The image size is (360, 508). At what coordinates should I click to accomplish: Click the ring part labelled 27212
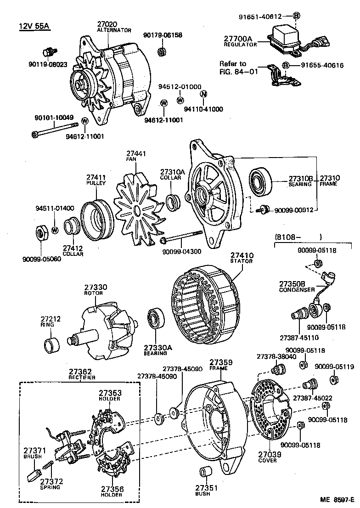51,344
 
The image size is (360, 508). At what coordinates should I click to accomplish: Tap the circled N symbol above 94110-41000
202,94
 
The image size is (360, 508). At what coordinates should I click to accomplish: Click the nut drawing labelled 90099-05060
41,233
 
